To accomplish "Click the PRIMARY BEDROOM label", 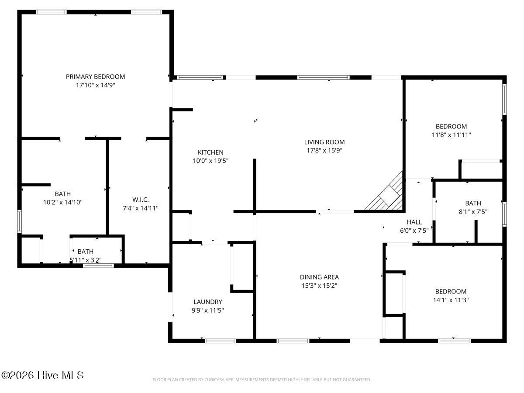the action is click(x=95, y=76).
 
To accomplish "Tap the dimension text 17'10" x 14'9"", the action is click(x=95, y=85).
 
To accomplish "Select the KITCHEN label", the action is click(x=210, y=152).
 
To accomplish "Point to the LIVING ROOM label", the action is click(x=324, y=142).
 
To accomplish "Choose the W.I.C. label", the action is click(x=140, y=200).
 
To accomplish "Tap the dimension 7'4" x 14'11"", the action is click(x=140, y=208).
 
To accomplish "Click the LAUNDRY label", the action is click(x=208, y=302).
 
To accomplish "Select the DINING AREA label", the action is click(x=319, y=277).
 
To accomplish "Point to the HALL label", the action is click(x=414, y=222).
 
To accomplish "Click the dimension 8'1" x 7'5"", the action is click(x=473, y=212).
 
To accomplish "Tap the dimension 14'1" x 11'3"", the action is click(x=451, y=300).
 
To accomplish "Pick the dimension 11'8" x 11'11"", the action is click(x=451, y=135).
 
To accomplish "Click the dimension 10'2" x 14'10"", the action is click(x=63, y=202).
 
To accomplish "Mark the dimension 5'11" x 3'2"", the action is click(x=86, y=260).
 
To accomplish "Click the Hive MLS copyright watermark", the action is click(x=42, y=376).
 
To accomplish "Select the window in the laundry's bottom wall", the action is click(x=221, y=341).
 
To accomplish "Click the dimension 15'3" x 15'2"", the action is click(x=319, y=286).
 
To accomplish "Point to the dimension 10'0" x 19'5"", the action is click(x=210, y=161).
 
